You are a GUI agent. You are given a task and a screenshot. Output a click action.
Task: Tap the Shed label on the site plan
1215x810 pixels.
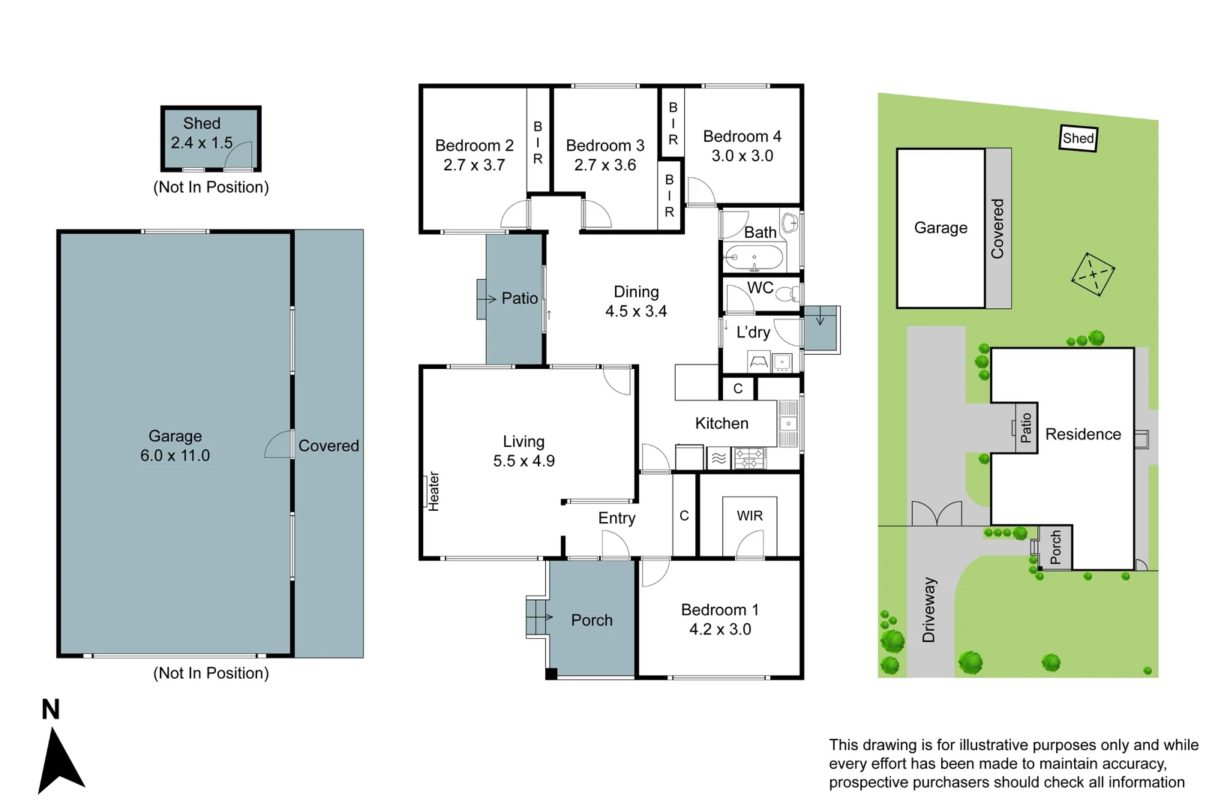point(1078,138)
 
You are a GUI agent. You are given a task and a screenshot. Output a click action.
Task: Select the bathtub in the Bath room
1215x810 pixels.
point(754,258)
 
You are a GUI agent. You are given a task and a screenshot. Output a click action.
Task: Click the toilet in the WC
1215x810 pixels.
point(787,295)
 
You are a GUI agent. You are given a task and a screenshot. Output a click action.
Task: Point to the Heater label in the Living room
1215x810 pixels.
point(433,491)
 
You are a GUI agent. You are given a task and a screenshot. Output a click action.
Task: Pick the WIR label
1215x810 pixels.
point(749,515)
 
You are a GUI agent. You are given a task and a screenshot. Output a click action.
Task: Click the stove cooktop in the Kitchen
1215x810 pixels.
point(750,458)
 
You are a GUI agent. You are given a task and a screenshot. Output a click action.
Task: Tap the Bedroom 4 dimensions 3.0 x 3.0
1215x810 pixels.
point(742,156)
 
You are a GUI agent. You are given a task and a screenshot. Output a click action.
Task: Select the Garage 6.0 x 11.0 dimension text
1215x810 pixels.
point(175,455)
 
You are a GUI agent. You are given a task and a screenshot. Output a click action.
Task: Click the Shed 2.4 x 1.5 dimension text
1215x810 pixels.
point(201,142)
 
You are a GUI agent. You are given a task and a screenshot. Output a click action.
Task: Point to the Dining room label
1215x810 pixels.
point(636,292)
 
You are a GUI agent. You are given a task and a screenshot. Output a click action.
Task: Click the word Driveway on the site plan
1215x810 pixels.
point(928,610)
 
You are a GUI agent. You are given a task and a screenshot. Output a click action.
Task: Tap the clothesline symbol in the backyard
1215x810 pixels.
point(1093,274)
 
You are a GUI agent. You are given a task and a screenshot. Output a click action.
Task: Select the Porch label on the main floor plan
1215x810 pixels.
point(591,620)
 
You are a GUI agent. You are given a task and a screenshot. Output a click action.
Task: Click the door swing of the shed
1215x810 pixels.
point(238,156)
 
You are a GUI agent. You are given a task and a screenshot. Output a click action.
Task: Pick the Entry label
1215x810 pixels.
point(616,518)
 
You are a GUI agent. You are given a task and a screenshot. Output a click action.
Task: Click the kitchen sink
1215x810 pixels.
point(788,423)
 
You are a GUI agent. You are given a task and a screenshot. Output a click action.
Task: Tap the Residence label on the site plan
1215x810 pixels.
point(1083,434)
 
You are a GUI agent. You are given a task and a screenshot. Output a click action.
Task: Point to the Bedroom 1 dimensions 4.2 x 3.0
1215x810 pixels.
point(720,629)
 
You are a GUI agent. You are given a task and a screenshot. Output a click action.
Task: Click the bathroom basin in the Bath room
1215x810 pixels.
point(790,223)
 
